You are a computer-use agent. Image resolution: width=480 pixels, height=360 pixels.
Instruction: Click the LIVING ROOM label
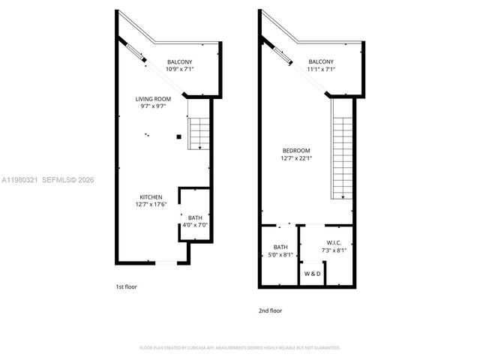154,99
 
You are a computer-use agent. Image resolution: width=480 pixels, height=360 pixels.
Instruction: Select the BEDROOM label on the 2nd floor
296,150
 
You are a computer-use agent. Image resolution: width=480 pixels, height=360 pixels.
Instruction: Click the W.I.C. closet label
334,242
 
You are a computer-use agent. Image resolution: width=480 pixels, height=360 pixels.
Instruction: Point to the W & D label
313,274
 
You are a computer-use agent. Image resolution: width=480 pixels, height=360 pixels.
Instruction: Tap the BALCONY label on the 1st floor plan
180,61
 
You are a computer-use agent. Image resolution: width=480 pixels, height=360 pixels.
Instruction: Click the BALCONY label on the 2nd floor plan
321,61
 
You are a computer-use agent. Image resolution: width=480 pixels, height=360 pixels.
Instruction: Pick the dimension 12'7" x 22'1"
296,157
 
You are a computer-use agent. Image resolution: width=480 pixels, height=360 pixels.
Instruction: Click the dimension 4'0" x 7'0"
195,225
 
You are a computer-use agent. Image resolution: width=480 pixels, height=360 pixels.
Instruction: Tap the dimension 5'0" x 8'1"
280,255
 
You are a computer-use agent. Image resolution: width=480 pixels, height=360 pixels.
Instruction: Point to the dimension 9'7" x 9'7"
154,106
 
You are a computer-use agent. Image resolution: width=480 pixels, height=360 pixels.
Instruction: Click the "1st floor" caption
126,287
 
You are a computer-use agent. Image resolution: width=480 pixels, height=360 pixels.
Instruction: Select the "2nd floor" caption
271,310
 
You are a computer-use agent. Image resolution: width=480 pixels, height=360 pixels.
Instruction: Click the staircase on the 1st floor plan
198,133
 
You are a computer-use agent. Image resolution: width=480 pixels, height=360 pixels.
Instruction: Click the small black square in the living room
178,136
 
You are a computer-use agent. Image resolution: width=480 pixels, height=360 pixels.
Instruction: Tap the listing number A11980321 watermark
20,179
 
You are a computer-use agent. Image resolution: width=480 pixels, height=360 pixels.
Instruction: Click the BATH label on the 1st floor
195,217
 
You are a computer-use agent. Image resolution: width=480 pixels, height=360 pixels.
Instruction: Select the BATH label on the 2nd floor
280,247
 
